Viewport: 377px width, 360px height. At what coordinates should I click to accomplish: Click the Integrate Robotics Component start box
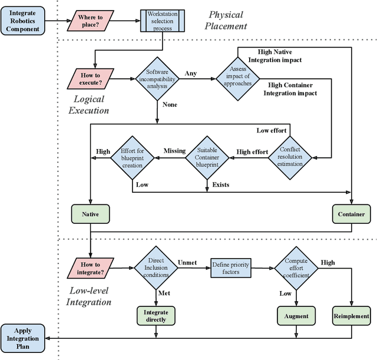click(x=23, y=21)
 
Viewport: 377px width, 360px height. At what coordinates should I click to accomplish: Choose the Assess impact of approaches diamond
click(x=236, y=75)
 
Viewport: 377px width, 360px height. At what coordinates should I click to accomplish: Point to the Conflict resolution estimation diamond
click(x=290, y=156)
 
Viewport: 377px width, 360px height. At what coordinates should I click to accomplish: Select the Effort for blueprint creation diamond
click(x=132, y=157)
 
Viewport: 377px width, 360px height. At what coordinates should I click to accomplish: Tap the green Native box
click(x=91, y=213)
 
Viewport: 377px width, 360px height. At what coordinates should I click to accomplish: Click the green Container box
click(x=352, y=213)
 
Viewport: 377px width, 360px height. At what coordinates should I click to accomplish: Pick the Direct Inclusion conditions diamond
click(x=156, y=269)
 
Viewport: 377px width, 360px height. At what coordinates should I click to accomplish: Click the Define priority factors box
click(x=231, y=269)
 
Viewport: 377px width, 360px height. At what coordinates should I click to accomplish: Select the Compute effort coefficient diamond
click(x=296, y=269)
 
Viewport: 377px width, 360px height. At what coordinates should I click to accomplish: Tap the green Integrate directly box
click(x=156, y=316)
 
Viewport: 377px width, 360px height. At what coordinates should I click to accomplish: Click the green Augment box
click(x=296, y=316)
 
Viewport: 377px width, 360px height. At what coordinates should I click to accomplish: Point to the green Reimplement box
click(x=352, y=316)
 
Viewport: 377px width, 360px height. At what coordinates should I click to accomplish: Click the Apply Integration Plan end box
click(x=23, y=338)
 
